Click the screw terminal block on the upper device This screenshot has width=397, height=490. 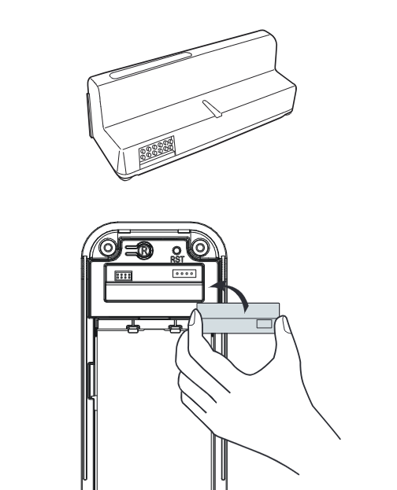(157, 149)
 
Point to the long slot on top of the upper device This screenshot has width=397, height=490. (150, 65)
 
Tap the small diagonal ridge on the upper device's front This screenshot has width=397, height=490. (212, 109)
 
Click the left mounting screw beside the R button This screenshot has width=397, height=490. (108, 248)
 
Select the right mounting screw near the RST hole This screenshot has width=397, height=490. (200, 248)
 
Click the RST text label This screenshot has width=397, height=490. (177, 260)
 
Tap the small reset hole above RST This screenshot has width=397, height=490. (177, 251)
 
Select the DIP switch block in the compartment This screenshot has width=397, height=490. (124, 276)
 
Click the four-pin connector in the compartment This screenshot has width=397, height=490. (184, 274)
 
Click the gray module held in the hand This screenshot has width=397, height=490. (239, 318)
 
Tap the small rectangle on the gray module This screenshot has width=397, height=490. (264, 324)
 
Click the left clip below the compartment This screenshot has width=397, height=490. (133, 329)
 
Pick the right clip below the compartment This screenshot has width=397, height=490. (176, 329)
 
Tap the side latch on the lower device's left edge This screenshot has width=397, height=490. (90, 381)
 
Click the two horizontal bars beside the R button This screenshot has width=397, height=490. (131, 250)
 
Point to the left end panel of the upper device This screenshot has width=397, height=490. (90, 115)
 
